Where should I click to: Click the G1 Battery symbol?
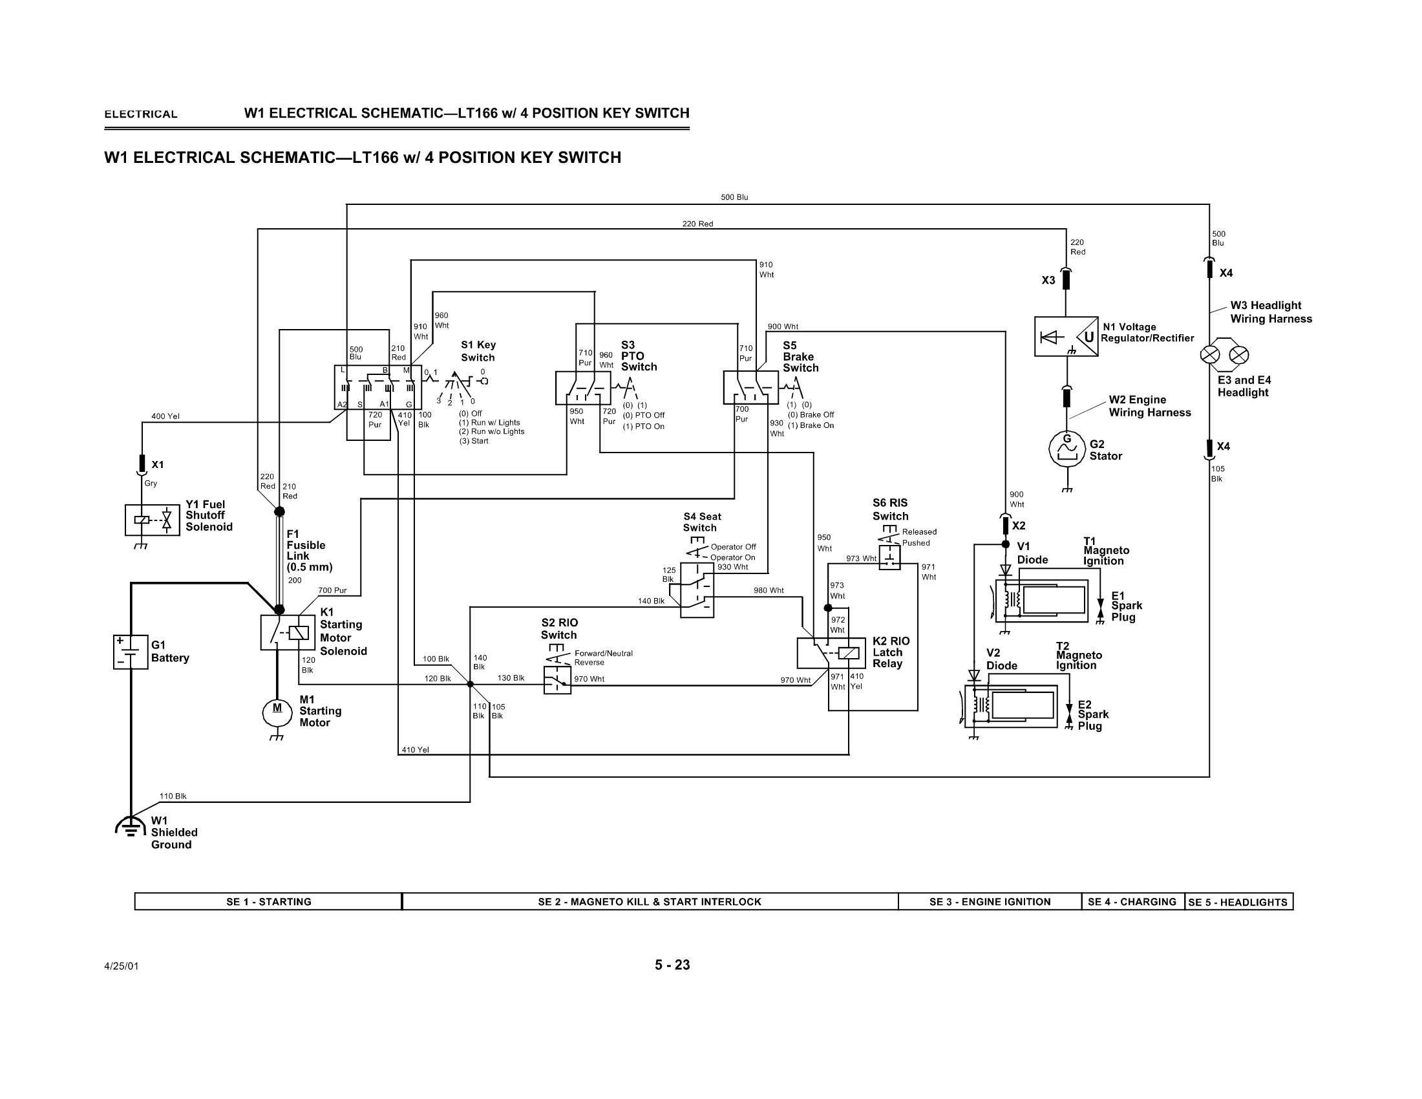[x=130, y=652]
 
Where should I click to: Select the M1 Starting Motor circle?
[x=277, y=713]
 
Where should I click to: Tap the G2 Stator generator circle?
[x=1066, y=449]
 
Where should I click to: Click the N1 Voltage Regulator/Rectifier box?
[x=1066, y=337]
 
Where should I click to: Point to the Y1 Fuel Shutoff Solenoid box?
[x=153, y=520]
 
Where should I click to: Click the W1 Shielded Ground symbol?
[x=130, y=826]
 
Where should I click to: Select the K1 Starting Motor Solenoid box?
[x=288, y=632]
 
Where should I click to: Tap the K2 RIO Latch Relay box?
[x=831, y=652]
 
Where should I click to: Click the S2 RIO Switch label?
[x=558, y=628]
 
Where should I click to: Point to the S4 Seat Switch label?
[x=701, y=522]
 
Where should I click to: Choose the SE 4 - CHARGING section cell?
[x=1132, y=902]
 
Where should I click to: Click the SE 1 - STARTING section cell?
[x=268, y=902]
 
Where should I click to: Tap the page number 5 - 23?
[x=672, y=965]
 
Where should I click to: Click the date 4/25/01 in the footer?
[x=121, y=966]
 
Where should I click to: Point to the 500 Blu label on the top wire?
[x=734, y=197]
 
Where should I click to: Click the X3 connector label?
[x=1048, y=281]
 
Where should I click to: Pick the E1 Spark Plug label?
[x=1126, y=606]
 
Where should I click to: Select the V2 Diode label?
[x=1001, y=659]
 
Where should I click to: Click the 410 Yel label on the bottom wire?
[x=415, y=749]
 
